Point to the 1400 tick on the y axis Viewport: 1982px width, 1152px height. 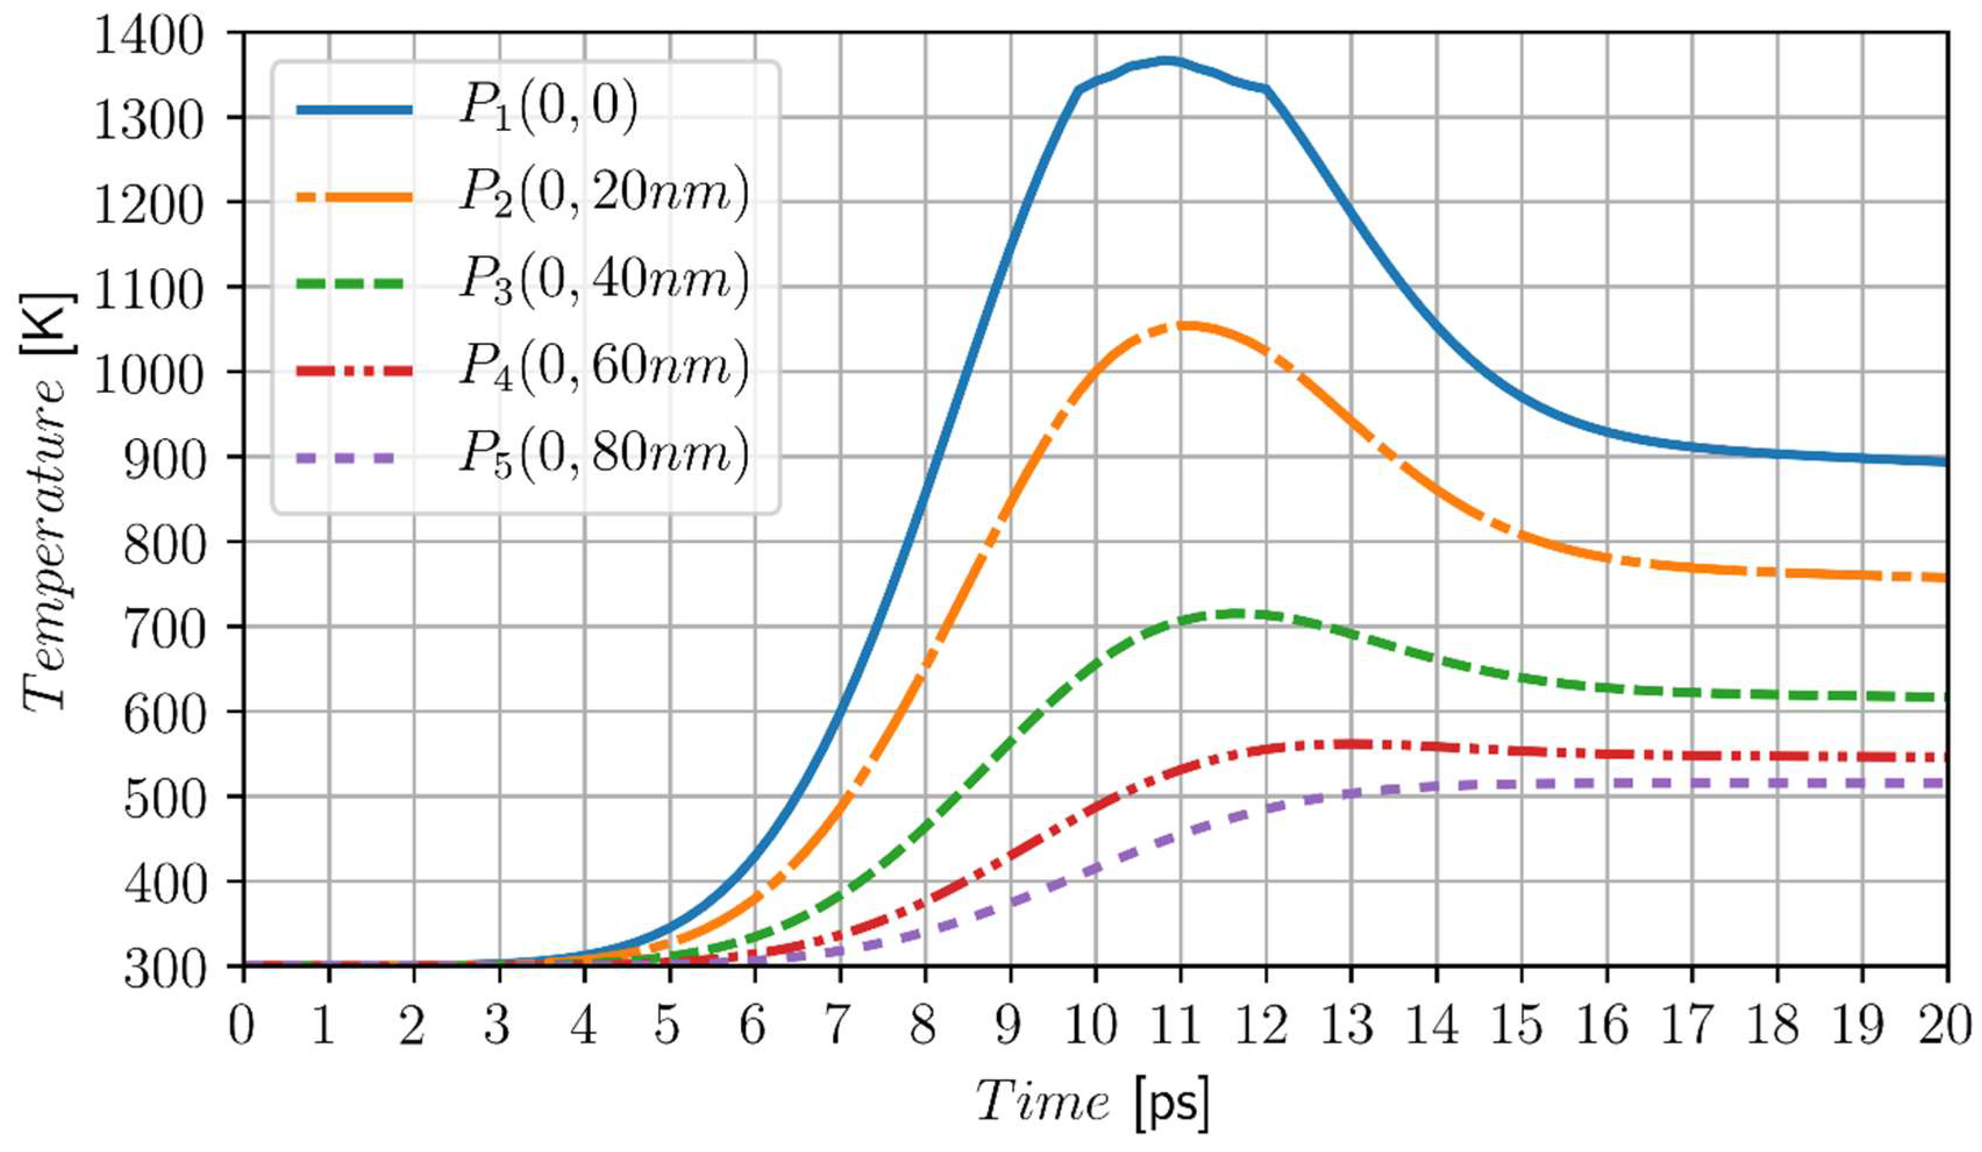coord(149,35)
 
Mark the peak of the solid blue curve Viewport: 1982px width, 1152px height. coord(1168,60)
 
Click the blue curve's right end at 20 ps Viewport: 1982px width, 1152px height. coord(1945,462)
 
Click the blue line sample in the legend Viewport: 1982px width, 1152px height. coord(354,110)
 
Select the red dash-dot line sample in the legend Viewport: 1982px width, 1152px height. coord(354,370)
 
